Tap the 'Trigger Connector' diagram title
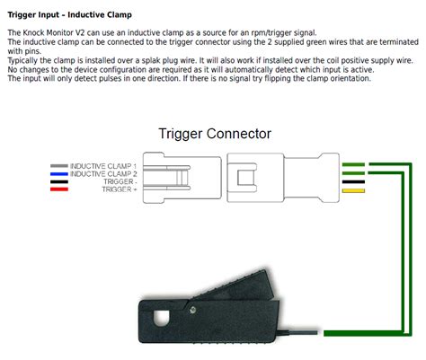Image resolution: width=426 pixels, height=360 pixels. coord(214,134)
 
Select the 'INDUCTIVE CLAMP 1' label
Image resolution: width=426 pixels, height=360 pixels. coord(104,165)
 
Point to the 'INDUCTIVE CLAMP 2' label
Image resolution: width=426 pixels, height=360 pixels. coord(104,173)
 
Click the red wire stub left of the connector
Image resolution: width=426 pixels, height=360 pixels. coord(60,189)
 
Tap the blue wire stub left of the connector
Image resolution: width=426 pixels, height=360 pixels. coord(60,173)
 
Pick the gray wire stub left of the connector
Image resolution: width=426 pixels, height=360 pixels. coord(60,165)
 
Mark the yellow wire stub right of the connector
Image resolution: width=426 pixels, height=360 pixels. coord(353,191)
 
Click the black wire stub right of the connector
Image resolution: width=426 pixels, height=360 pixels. coord(353,181)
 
